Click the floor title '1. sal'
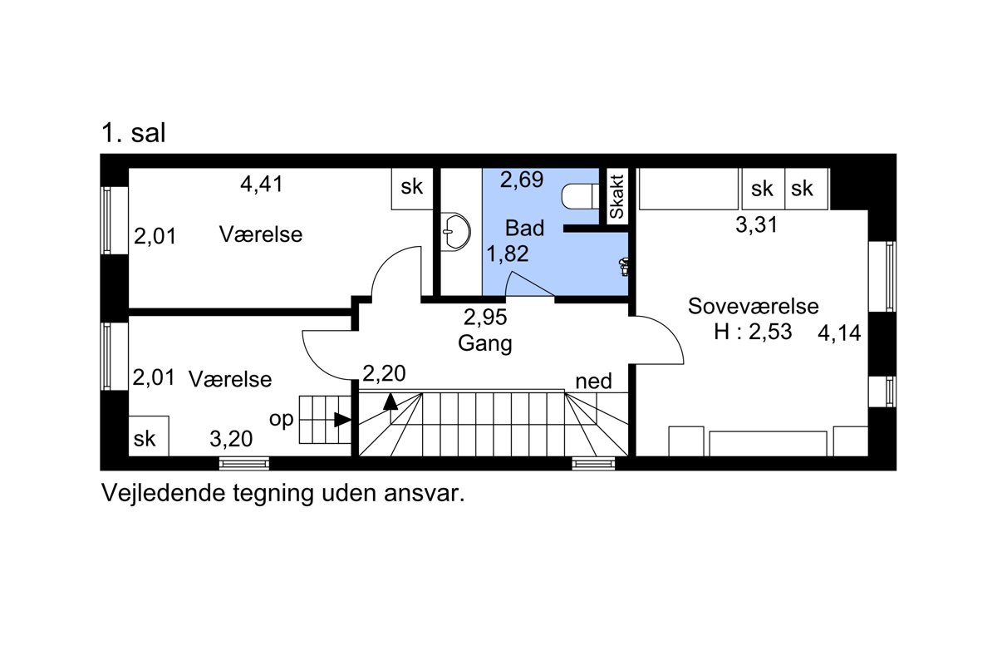pyautogui.click(x=134, y=133)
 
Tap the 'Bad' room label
pyautogui.click(x=525, y=228)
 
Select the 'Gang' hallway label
pyautogui.click(x=484, y=344)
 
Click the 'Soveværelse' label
pyautogui.click(x=753, y=306)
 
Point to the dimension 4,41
pyautogui.click(x=262, y=184)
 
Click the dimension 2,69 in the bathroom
pyautogui.click(x=522, y=180)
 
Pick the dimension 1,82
pyautogui.click(x=508, y=254)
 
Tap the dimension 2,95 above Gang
pyautogui.click(x=485, y=318)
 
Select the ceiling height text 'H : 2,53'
pyautogui.click(x=753, y=332)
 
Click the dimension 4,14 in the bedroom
pyautogui.click(x=839, y=332)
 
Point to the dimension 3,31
pyautogui.click(x=757, y=224)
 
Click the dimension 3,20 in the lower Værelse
pyautogui.click(x=231, y=439)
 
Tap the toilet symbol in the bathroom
pyautogui.click(x=580, y=196)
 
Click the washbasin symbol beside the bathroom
pyautogui.click(x=455, y=232)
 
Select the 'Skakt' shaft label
pyautogui.click(x=616, y=197)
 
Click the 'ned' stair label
pyautogui.click(x=594, y=382)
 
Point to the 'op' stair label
pyautogui.click(x=282, y=420)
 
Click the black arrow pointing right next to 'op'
pyautogui.click(x=342, y=420)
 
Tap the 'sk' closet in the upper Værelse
pyautogui.click(x=412, y=189)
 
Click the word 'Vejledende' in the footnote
pyautogui.click(x=164, y=493)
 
